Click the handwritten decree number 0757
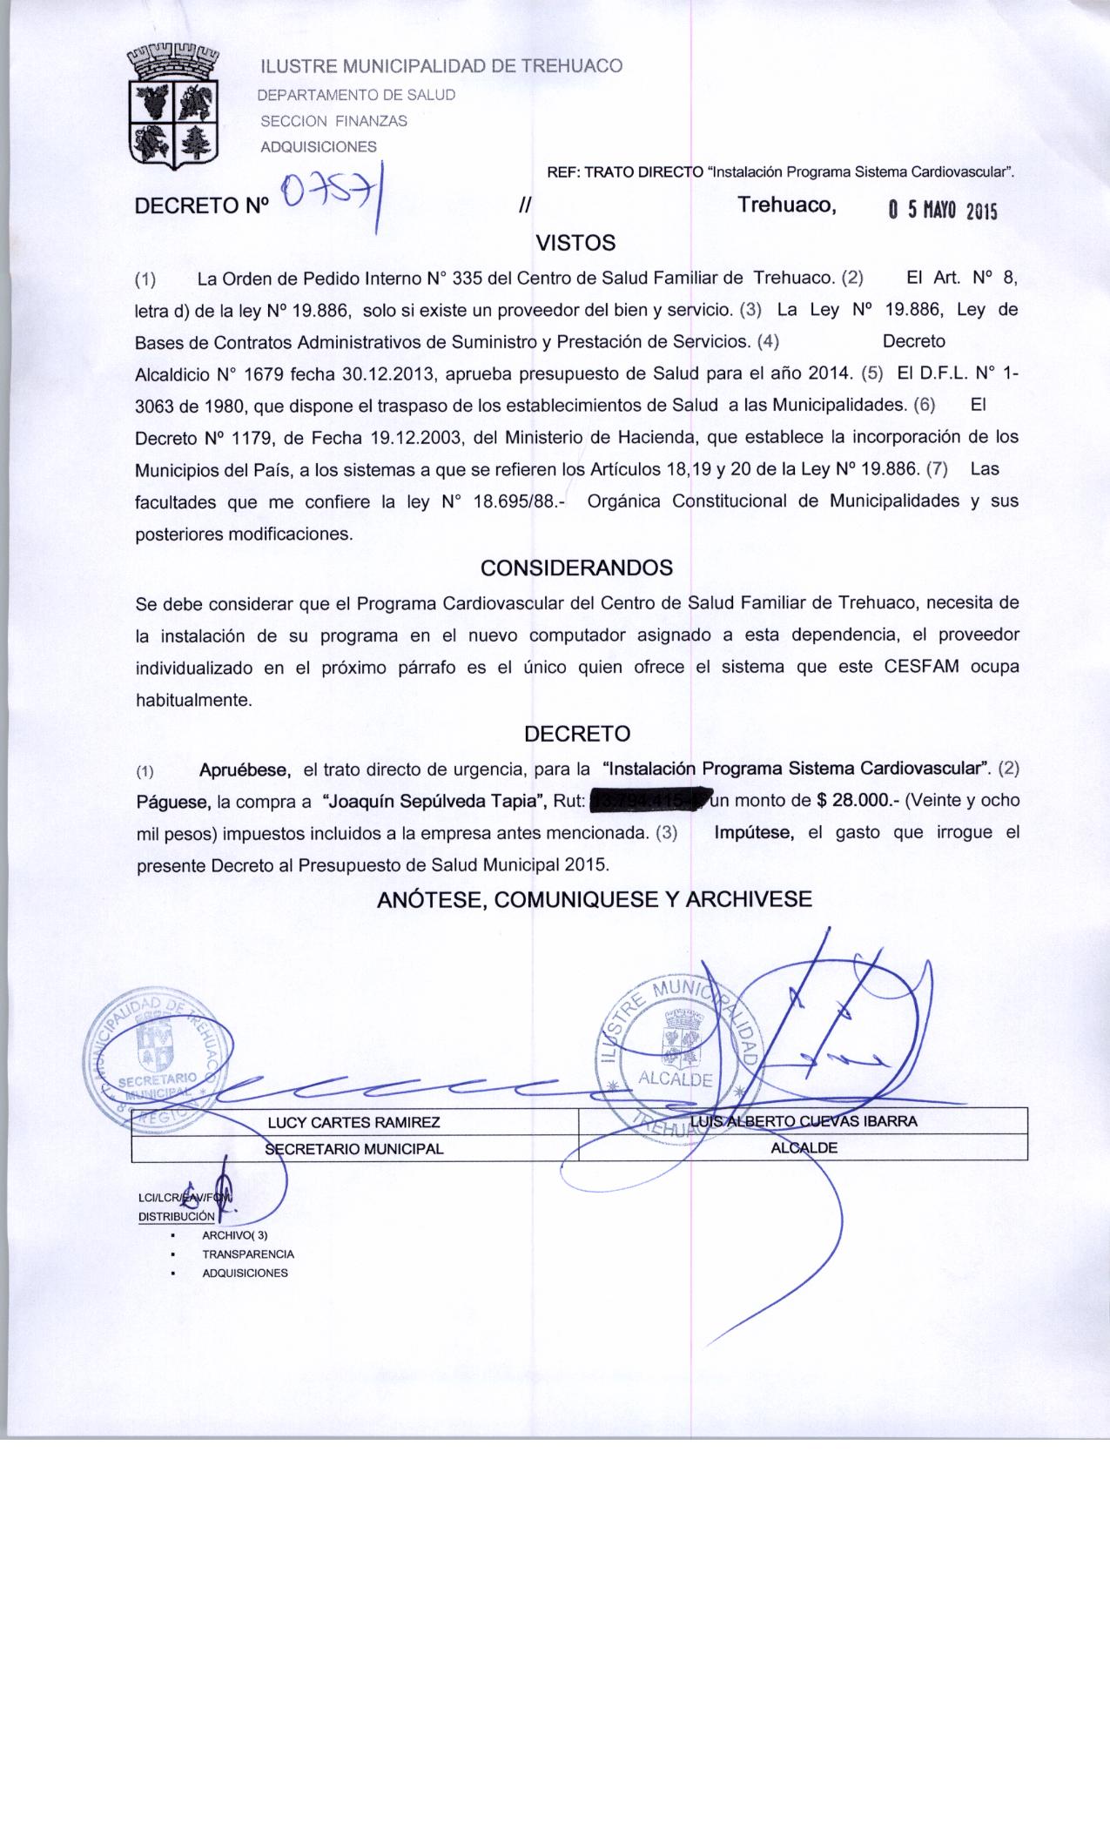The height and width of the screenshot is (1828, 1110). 331,198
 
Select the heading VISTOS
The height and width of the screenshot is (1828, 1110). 575,243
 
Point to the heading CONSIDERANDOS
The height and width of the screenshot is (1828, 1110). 576,568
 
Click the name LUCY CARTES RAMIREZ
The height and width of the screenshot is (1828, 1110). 353,1122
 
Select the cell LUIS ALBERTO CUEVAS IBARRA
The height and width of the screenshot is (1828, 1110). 803,1121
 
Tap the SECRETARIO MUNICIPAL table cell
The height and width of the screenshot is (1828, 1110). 353,1148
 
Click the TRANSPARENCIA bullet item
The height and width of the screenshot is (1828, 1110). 248,1254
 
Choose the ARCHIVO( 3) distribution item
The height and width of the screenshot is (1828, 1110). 234,1235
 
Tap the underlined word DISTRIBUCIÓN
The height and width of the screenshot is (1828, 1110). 176,1216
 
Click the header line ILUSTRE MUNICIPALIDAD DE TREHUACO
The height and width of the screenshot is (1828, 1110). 442,66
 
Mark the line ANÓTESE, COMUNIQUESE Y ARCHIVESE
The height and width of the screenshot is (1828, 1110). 594,899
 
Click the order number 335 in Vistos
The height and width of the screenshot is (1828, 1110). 468,279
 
